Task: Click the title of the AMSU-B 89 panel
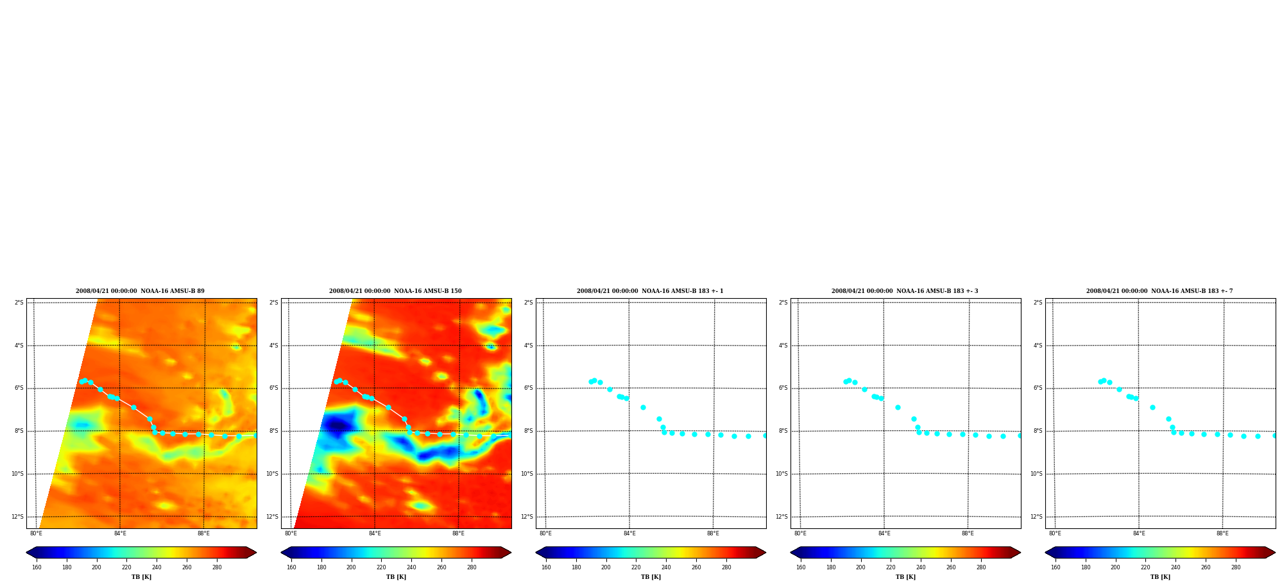pyautogui.click(x=140, y=291)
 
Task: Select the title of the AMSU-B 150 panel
pyautogui.click(x=395, y=291)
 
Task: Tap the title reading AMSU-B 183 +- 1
pyautogui.click(x=650, y=291)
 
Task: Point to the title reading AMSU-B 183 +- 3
pyautogui.click(x=905, y=291)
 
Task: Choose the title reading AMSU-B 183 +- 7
pyautogui.click(x=1159, y=291)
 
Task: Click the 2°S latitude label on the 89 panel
pyautogui.click(x=19, y=303)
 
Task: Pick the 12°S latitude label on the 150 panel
pyautogui.click(x=272, y=517)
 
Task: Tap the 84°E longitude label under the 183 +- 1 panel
pyautogui.click(x=629, y=533)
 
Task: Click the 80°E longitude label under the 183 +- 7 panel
pyautogui.click(x=1055, y=533)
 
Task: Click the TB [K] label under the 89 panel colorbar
pyautogui.click(x=141, y=577)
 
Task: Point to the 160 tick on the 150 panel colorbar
pyautogui.click(x=291, y=567)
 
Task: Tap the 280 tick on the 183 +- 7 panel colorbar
pyautogui.click(x=1236, y=567)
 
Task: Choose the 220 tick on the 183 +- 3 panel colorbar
pyautogui.click(x=891, y=567)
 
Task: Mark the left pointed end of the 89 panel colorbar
pyautogui.click(x=26, y=553)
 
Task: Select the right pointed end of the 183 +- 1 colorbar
pyautogui.click(x=765, y=553)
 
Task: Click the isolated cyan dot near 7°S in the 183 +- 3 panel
pyautogui.click(x=898, y=407)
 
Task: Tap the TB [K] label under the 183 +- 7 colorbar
pyautogui.click(x=1160, y=577)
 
